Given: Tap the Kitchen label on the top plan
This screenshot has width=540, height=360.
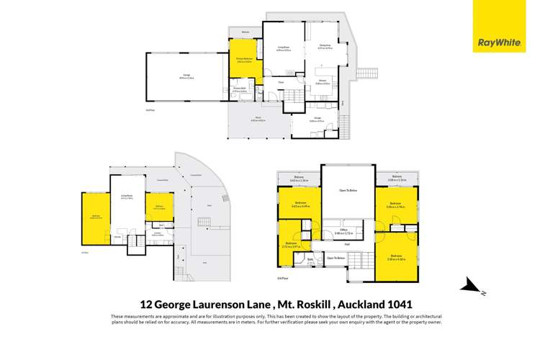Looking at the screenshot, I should click(x=322, y=81).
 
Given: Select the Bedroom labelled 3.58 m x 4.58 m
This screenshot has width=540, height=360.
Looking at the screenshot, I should click(x=395, y=257).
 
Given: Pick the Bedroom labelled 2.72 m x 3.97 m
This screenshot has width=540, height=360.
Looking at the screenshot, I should click(x=291, y=245).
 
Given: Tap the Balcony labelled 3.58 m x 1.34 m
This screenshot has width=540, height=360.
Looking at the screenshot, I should click(x=395, y=178).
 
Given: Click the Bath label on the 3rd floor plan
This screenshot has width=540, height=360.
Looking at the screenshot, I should click(x=310, y=259).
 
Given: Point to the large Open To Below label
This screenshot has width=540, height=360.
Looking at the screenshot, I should click(x=348, y=189).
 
